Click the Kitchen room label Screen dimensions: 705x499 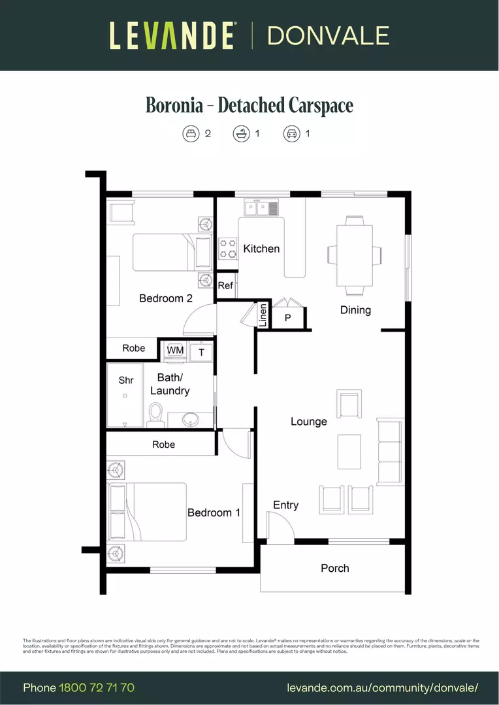pos(261,249)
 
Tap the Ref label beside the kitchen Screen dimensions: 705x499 pos(225,285)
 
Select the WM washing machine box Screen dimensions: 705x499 pos(175,351)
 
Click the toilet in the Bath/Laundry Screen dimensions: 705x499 pos(155,415)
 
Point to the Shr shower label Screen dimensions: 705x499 pos(125,380)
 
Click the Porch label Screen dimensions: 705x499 pos(334,569)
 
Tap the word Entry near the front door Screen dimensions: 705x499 pos(285,505)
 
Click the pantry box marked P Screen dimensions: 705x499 pos(287,318)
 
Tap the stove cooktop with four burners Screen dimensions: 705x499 pos(227,248)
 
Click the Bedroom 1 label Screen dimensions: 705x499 pos(214,512)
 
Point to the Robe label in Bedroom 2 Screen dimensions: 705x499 pos(134,348)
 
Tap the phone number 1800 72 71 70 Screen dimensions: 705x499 pos(97,688)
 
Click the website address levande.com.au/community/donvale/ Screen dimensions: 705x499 pos(383,688)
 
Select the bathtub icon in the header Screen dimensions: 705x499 pos(241,134)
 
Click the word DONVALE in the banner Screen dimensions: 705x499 pos(328,35)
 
